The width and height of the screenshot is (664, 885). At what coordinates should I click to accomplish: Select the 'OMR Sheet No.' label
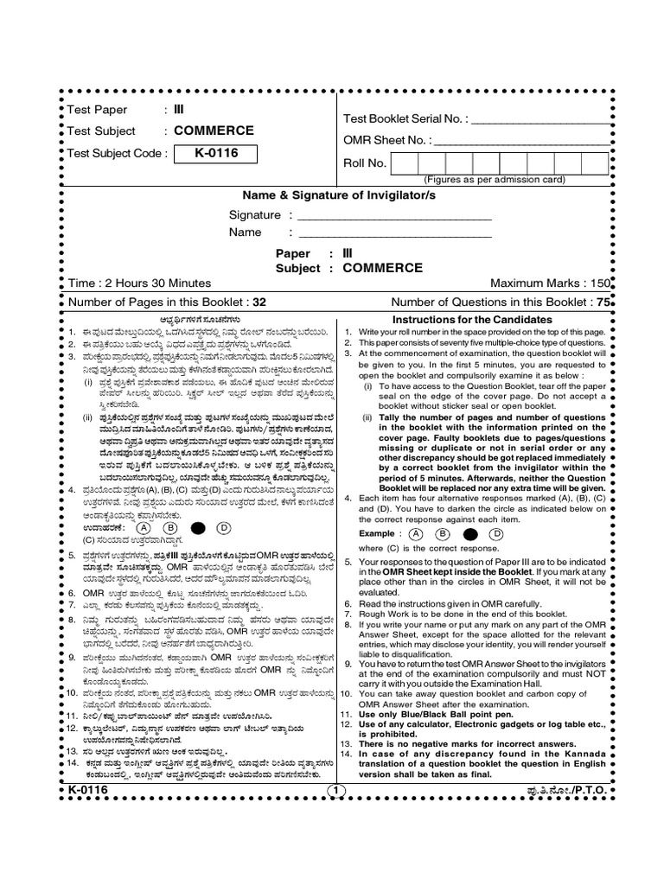coord(385,140)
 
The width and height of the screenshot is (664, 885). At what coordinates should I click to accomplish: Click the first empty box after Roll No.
coord(405,162)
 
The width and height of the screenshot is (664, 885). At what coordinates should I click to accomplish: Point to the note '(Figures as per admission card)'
coord(494,180)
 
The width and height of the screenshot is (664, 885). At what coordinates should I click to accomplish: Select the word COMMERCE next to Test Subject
coord(214,131)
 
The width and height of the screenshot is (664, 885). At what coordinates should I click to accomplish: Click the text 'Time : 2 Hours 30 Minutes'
coord(139,283)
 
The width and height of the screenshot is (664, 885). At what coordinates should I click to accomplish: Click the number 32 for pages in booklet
coord(259,302)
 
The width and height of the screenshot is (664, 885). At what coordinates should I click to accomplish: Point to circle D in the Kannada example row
coord(222,526)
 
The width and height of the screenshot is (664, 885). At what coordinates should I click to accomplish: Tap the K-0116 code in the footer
coord(88,790)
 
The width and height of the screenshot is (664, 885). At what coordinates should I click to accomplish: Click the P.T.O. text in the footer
coord(578,790)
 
